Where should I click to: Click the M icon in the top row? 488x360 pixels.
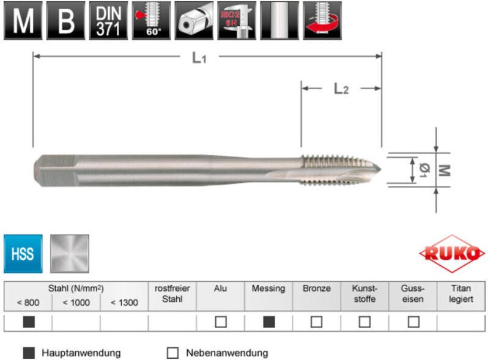click(x=23, y=21)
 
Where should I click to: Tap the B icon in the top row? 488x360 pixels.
click(x=65, y=21)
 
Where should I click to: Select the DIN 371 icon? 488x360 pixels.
click(x=108, y=21)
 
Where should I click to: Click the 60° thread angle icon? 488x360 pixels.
click(x=151, y=21)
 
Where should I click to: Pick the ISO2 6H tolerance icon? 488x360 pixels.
click(x=236, y=21)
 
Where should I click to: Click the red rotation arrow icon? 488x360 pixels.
click(x=322, y=21)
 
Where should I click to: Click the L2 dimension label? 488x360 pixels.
click(x=341, y=89)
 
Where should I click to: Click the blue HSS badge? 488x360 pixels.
click(x=23, y=253)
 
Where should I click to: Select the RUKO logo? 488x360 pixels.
click(x=452, y=252)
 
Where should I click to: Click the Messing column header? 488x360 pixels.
click(x=268, y=288)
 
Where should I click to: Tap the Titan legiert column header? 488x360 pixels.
click(x=461, y=294)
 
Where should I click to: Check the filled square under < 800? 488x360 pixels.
click(x=28, y=322)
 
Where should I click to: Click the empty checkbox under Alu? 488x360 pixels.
click(x=221, y=322)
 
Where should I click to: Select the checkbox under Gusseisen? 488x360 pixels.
click(x=413, y=322)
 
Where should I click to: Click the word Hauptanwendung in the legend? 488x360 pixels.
click(x=81, y=353)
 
